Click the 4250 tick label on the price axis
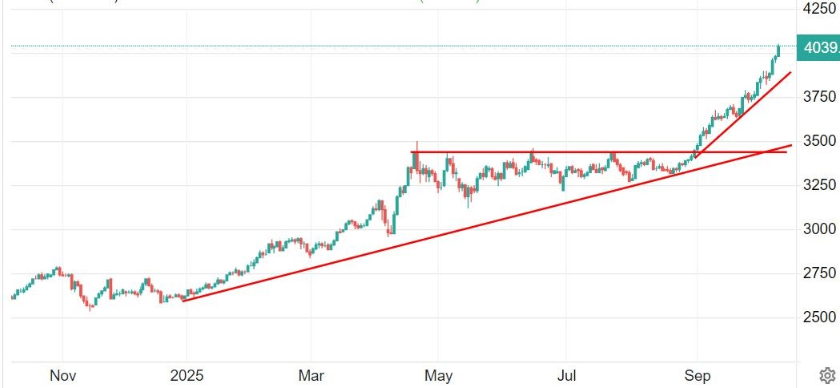coord(818,9)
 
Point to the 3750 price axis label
coord(818,97)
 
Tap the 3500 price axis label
coord(818,141)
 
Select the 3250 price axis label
coord(818,185)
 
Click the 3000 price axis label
coord(818,229)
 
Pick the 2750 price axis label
coord(818,273)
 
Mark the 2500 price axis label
coord(818,317)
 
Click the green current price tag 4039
coord(818,47)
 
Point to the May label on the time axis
coord(438,375)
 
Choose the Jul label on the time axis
coord(565,375)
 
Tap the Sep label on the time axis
coord(697,375)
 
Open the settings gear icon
coord(827,374)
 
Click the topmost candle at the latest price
coord(778,51)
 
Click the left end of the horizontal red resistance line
coord(412,152)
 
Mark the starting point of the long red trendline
coord(183,301)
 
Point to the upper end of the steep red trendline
coord(790,72)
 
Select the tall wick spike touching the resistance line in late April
coord(415,147)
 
